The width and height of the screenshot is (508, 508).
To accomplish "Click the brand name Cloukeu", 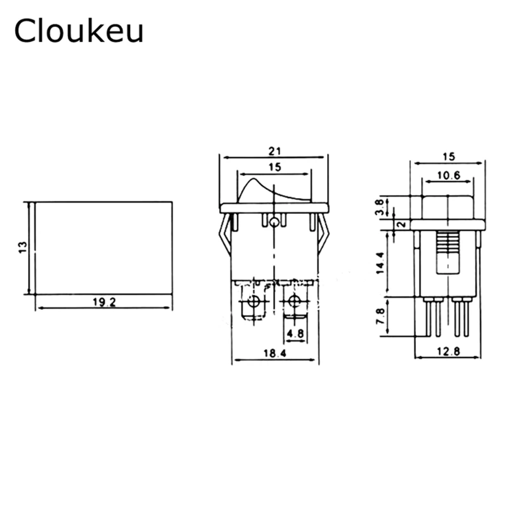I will click(79, 30).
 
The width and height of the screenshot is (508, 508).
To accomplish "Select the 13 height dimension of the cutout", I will click(22, 246).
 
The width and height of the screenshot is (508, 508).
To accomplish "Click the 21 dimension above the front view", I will click(274, 151).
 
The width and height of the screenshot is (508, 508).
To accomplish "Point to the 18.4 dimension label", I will click(274, 352).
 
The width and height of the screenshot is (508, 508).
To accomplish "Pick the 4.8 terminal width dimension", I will click(294, 333).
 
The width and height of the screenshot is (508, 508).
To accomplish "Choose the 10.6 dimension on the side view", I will click(448, 176).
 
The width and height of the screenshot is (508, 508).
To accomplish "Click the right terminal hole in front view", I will click(294, 300).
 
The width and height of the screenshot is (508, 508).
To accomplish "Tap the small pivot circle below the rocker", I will click(274, 222).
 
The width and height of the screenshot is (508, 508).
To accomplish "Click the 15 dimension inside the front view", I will click(274, 167).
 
